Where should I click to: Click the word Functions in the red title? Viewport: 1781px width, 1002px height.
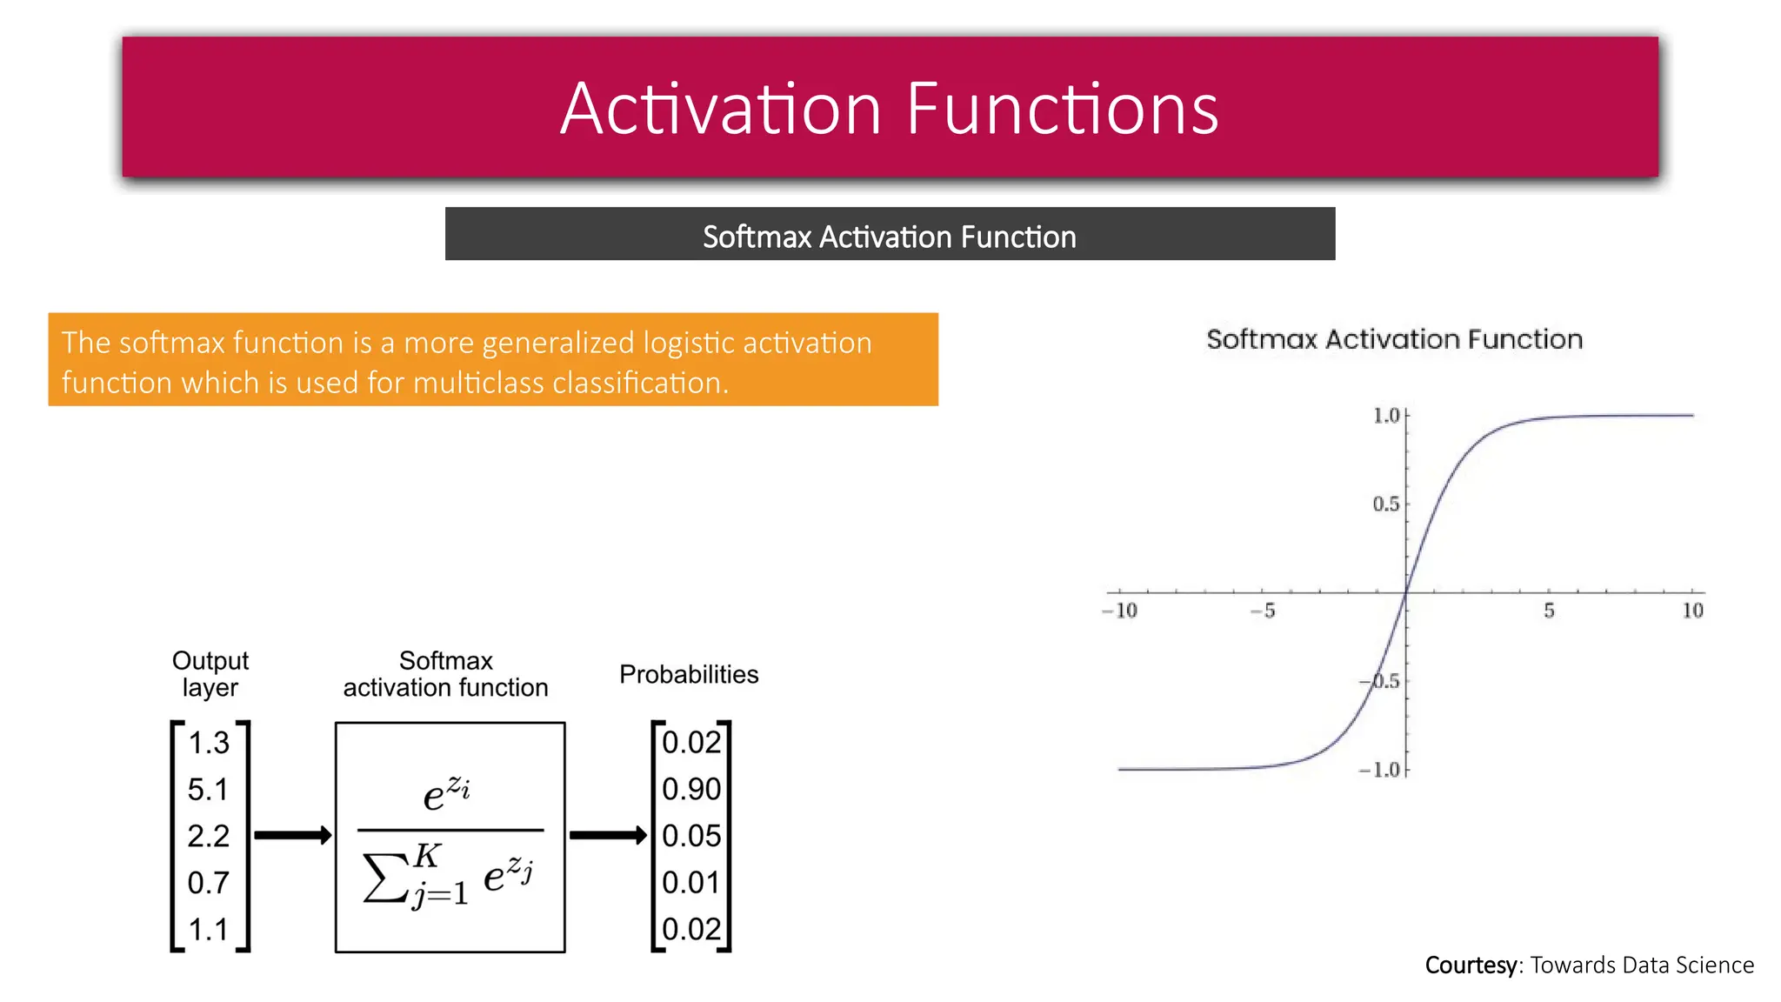pyautogui.click(x=1062, y=110)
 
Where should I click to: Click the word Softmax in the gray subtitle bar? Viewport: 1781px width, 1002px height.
pyautogui.click(x=757, y=237)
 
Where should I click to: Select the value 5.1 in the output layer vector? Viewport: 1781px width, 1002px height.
pyautogui.click(x=208, y=790)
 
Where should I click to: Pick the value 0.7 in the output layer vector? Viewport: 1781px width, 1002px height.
pyautogui.click(x=208, y=883)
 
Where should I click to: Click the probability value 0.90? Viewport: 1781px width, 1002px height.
pyautogui.click(x=691, y=790)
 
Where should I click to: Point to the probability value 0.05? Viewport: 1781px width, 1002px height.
pyautogui.click(x=691, y=836)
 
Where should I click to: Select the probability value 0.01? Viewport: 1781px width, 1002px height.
pyautogui.click(x=691, y=883)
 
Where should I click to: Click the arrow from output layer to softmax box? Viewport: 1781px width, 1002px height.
pyautogui.click(x=293, y=836)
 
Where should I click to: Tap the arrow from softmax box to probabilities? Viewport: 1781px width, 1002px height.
pyautogui.click(x=608, y=836)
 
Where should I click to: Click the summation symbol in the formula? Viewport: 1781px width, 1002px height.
pyautogui.click(x=385, y=878)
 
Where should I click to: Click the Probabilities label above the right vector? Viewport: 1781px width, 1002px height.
pyautogui.click(x=689, y=674)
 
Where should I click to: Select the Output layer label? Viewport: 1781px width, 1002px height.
pyautogui.click(x=210, y=674)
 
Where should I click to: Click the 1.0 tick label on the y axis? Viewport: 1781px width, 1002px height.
pyautogui.click(x=1386, y=416)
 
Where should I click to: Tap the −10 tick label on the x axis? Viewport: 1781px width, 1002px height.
pyautogui.click(x=1120, y=611)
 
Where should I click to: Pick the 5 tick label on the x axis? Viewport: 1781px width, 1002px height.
pyautogui.click(x=1549, y=611)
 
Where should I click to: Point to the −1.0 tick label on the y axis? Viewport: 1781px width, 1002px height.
pyautogui.click(x=1380, y=770)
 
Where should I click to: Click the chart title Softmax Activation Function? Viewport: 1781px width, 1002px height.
pyautogui.click(x=1394, y=339)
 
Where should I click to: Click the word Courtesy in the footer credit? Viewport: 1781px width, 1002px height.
pyautogui.click(x=1471, y=965)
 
